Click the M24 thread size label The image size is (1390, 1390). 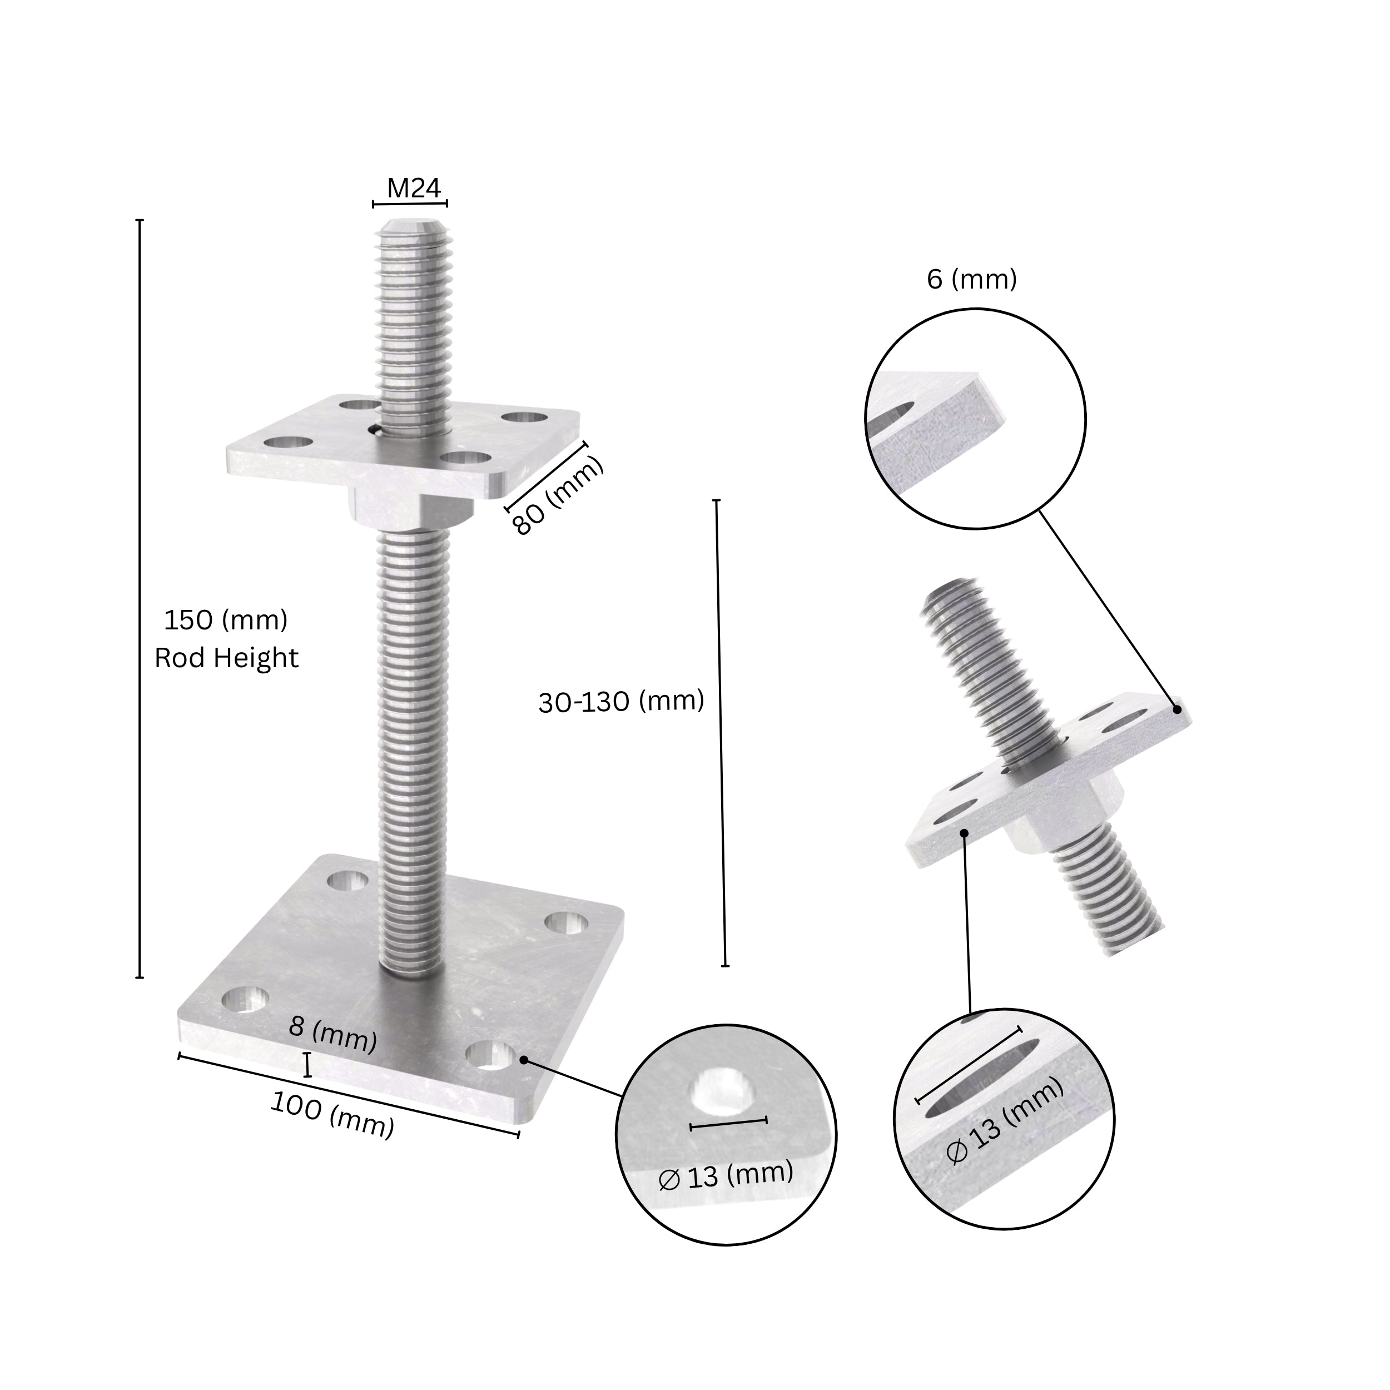coord(413,188)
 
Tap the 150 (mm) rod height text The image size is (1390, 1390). coord(226,620)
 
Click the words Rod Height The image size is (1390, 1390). coord(226,658)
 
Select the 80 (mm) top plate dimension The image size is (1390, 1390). coord(557,498)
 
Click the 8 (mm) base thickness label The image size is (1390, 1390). coord(332,1036)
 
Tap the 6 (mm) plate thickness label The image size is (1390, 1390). coord(971,279)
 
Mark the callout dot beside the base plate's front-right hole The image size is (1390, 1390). coord(524,1060)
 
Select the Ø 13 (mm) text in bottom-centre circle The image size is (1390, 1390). coord(725,1175)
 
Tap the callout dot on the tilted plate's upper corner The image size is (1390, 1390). coord(1177,709)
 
